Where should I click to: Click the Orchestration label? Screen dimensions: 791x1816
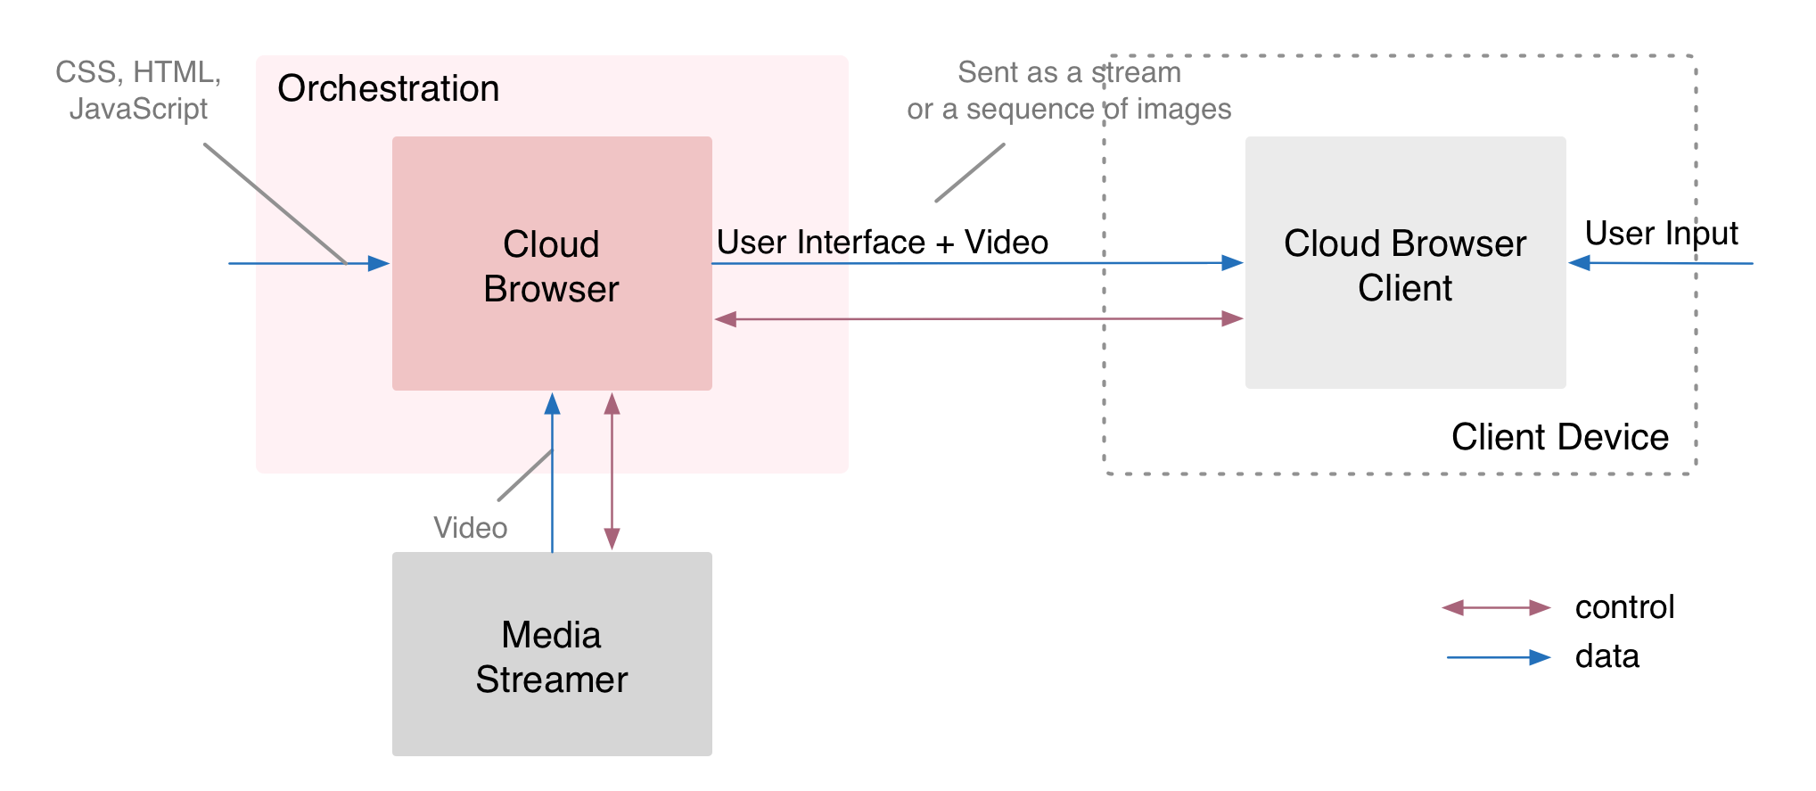coord(388,89)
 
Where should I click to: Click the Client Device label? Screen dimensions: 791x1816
coord(1559,437)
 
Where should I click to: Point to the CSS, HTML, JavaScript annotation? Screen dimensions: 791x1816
coord(138,90)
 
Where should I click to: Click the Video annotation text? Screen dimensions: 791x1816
coord(470,528)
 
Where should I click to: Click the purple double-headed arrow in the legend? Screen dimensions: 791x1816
coord(1496,607)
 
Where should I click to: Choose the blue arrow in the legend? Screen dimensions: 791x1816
coord(1498,657)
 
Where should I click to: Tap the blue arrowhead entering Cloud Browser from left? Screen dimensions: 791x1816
coord(379,263)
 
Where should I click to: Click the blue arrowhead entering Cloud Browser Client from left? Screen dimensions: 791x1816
coord(1232,263)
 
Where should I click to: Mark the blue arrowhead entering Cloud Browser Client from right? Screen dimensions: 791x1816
coord(1579,263)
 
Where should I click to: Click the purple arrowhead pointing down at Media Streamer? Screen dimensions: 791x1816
coord(612,539)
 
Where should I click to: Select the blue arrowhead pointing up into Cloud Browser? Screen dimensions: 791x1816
coord(553,404)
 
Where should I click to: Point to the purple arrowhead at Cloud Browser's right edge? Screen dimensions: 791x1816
coord(726,319)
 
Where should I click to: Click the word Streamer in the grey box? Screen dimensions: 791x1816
coord(551,680)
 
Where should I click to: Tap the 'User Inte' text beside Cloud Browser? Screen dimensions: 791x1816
coord(782,243)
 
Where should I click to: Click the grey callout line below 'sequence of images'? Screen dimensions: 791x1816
coord(969,173)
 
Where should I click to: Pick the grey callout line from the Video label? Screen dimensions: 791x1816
coord(524,475)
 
